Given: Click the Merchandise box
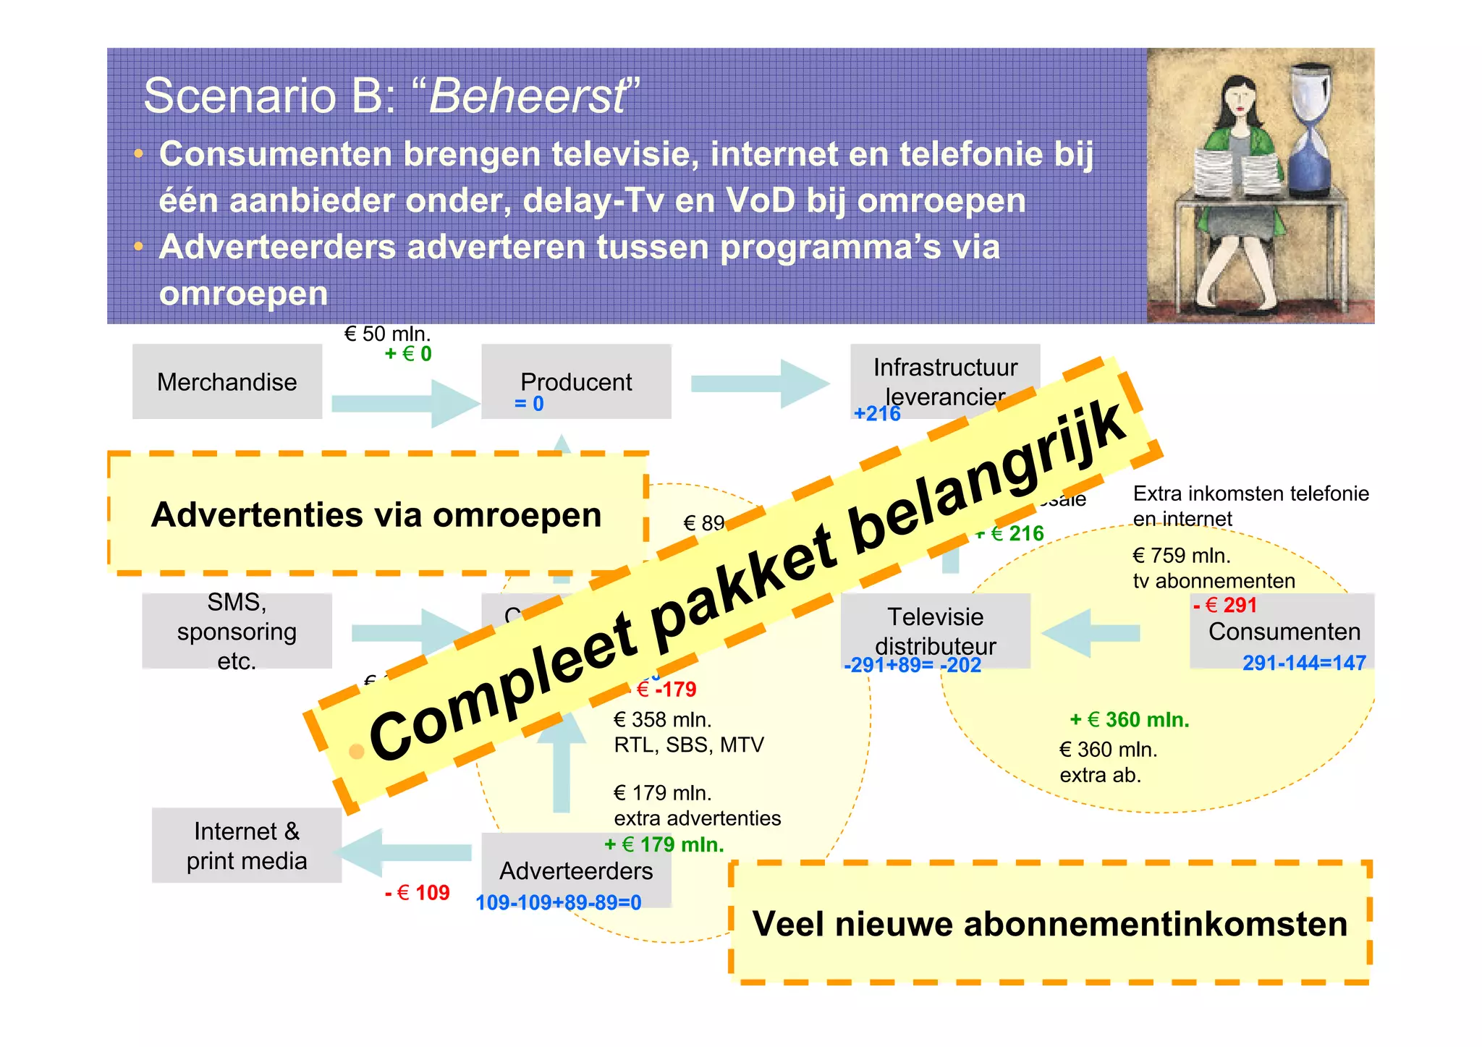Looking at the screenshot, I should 226,381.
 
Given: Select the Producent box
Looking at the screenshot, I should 576,381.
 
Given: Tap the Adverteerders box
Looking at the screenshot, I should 576,870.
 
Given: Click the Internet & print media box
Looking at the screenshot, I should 246,845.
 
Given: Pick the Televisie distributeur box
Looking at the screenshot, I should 935,630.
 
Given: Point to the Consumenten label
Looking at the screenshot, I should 1284,632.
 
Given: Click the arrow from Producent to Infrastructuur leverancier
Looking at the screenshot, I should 759,383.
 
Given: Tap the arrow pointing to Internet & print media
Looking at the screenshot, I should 405,852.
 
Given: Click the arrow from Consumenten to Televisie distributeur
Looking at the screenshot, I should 1090,633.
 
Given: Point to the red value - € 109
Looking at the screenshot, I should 418,893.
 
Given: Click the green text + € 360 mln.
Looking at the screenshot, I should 1129,719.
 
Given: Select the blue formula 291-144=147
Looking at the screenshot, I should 1303,663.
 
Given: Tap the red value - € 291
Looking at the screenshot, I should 1225,605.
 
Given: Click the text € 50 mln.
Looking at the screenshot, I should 387,334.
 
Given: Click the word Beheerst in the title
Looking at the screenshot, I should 528,96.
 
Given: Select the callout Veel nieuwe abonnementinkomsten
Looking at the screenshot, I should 1049,923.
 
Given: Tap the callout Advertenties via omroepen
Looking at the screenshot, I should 376,514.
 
